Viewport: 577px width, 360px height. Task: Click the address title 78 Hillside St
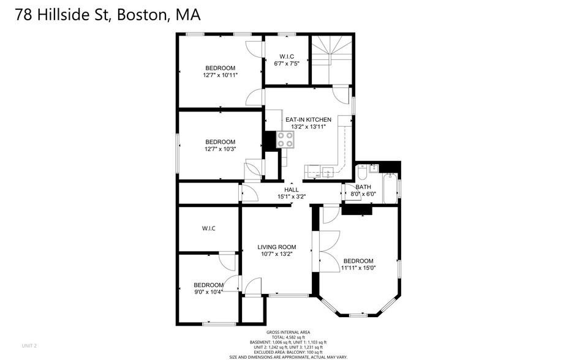[108, 15]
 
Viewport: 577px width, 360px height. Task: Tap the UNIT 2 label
[29, 346]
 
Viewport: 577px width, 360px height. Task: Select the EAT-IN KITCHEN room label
[308, 119]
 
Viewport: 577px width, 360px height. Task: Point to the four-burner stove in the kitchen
[285, 140]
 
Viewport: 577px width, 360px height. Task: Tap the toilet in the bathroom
[362, 171]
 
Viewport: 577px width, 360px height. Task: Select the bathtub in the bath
[389, 185]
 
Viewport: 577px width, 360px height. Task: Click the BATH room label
[363, 187]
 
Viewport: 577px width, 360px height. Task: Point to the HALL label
[291, 190]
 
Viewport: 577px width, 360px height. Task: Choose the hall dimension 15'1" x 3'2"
[291, 197]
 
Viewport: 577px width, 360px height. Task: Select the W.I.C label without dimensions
[208, 228]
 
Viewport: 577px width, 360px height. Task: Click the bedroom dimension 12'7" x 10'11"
[220, 75]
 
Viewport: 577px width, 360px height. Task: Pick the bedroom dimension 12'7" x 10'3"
[220, 148]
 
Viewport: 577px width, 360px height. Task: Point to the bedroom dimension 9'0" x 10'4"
[208, 292]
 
